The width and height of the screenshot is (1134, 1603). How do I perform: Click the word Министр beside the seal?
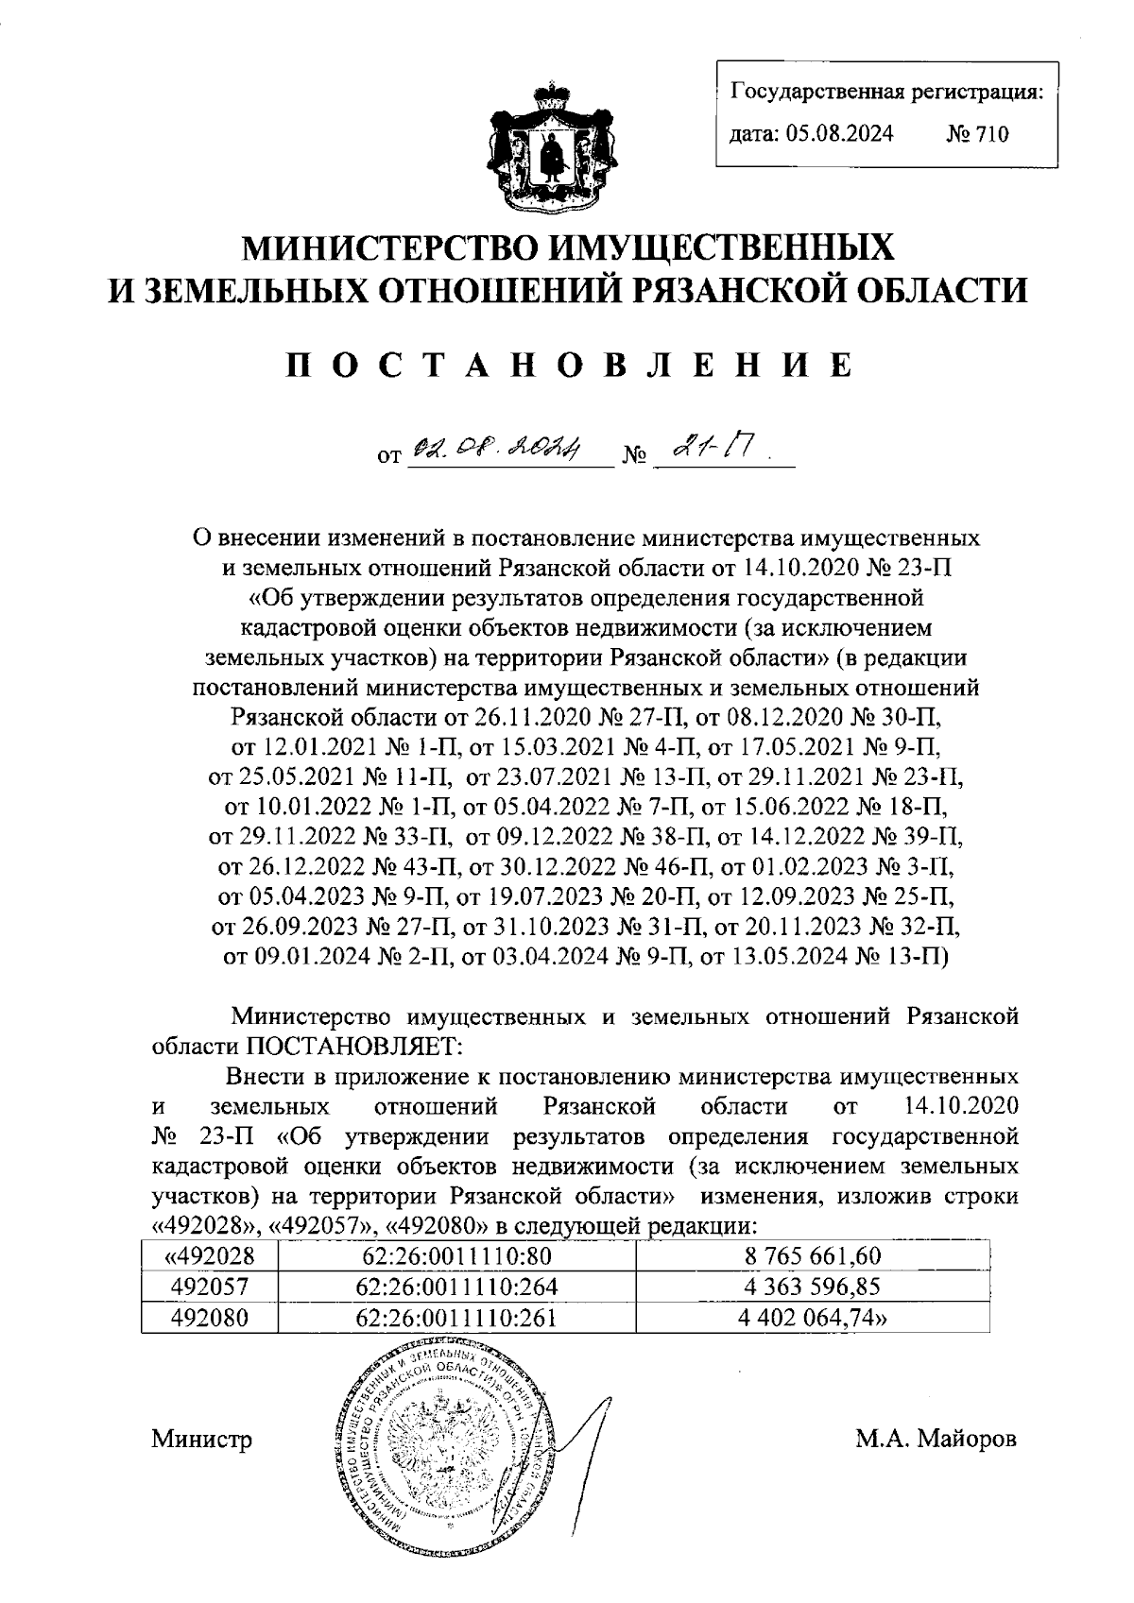click(201, 1441)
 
